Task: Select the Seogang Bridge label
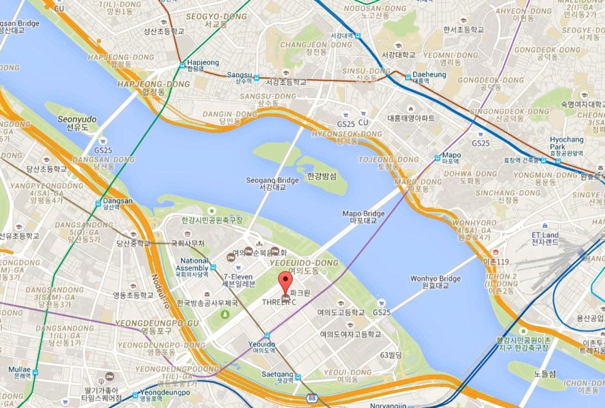(x=272, y=181)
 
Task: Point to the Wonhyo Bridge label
(x=435, y=279)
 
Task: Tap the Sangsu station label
(x=239, y=75)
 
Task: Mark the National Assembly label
(x=194, y=264)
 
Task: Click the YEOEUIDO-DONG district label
(x=294, y=263)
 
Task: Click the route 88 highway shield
(x=312, y=399)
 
